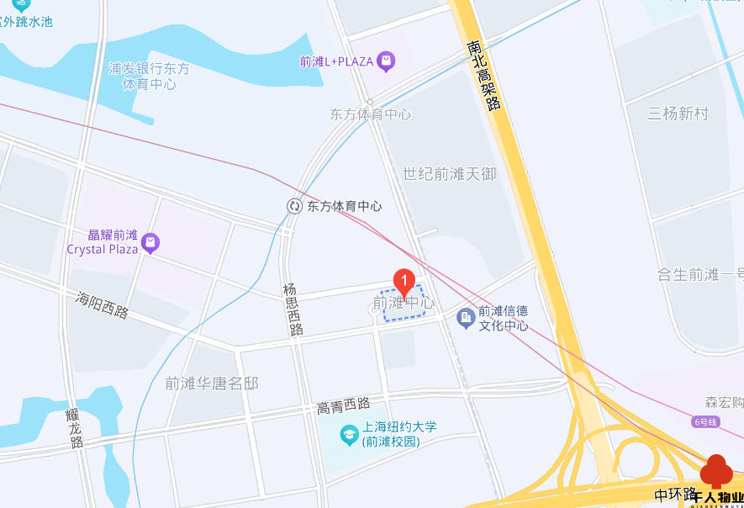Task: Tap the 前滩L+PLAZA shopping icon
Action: coord(386,61)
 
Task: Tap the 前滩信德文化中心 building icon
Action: coord(465,318)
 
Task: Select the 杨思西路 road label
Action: coord(293,310)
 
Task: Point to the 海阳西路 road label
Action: coord(102,304)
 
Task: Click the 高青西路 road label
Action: coord(343,406)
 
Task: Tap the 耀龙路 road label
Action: coord(75,428)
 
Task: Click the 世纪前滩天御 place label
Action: coord(449,174)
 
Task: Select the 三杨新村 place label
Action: coord(678,114)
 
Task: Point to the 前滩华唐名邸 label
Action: coord(211,384)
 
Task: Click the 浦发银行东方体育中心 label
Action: coord(149,77)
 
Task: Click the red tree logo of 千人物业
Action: coord(716,471)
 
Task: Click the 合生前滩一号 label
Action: coord(700,274)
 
